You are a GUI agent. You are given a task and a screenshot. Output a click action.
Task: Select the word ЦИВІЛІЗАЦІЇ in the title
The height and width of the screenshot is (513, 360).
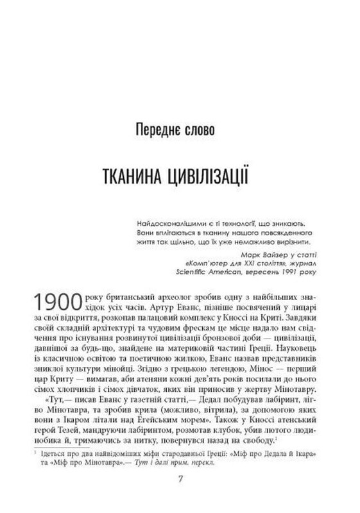pos(210,174)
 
